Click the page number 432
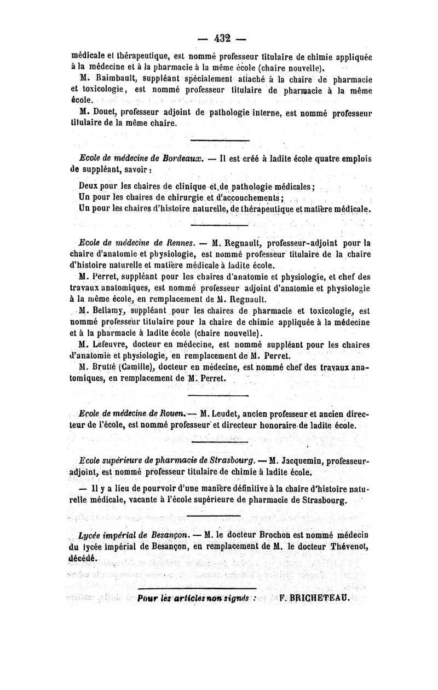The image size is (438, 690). click(x=221, y=38)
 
